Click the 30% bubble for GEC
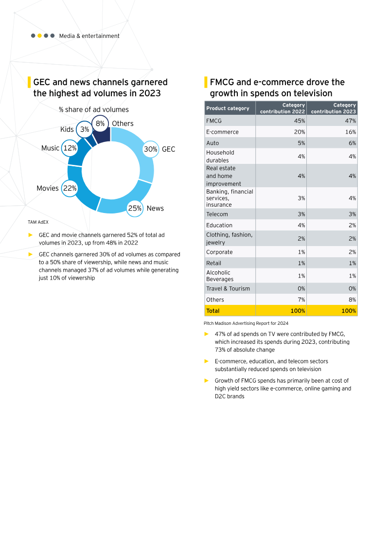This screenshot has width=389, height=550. coord(151,149)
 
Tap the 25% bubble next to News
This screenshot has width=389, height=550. coord(135,209)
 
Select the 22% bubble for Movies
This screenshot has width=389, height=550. coord(70,188)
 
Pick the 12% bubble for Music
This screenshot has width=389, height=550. coord(70,148)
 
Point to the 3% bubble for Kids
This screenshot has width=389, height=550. coord(84,129)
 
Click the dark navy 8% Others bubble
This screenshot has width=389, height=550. coord(100,124)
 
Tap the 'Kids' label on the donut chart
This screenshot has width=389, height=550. coord(67,129)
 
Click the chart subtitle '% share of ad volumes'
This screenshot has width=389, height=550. coord(94,109)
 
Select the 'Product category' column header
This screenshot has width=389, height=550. coord(228,108)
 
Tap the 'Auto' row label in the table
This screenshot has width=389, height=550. coord(212,143)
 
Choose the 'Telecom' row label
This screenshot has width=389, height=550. coord(217,214)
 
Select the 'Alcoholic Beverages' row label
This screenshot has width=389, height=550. coord(220,276)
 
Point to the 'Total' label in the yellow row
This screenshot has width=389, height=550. coord(213,311)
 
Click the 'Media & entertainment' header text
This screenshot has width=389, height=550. coord(89,36)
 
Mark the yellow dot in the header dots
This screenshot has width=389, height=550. coord(40,36)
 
